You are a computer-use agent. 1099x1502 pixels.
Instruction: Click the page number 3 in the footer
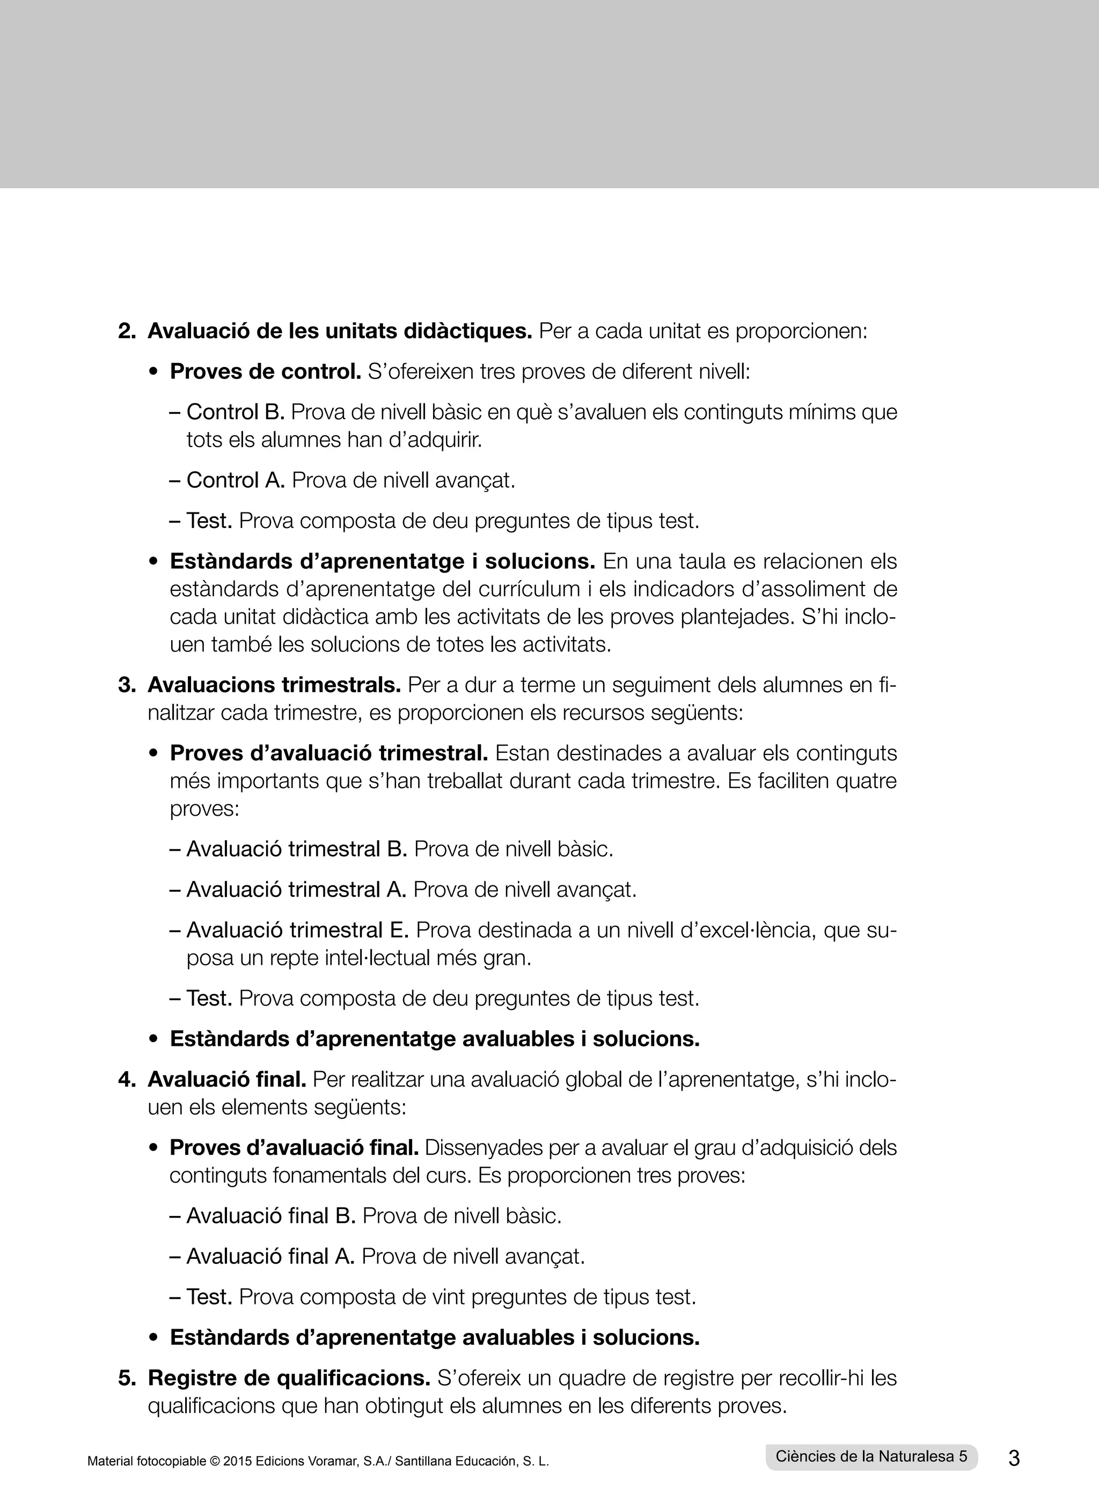click(x=1014, y=1458)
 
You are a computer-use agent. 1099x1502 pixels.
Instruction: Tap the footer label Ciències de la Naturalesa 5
click(x=871, y=1456)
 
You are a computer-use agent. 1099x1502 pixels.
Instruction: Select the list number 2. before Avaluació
click(x=127, y=331)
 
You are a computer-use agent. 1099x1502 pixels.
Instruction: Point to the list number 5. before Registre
click(x=127, y=1378)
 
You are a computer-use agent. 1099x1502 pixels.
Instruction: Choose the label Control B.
click(x=236, y=412)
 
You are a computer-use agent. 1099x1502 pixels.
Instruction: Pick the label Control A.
click(x=236, y=480)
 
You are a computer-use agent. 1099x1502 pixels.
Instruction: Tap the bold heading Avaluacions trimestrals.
click(x=274, y=685)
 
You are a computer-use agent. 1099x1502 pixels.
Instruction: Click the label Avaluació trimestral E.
click(x=297, y=929)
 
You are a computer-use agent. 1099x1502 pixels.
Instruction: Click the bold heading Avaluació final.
click(x=227, y=1079)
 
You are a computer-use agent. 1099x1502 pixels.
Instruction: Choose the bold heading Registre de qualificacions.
click(x=289, y=1378)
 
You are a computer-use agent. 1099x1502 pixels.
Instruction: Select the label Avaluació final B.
click(x=271, y=1215)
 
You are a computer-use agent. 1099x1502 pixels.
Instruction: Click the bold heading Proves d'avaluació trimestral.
click(x=328, y=753)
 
